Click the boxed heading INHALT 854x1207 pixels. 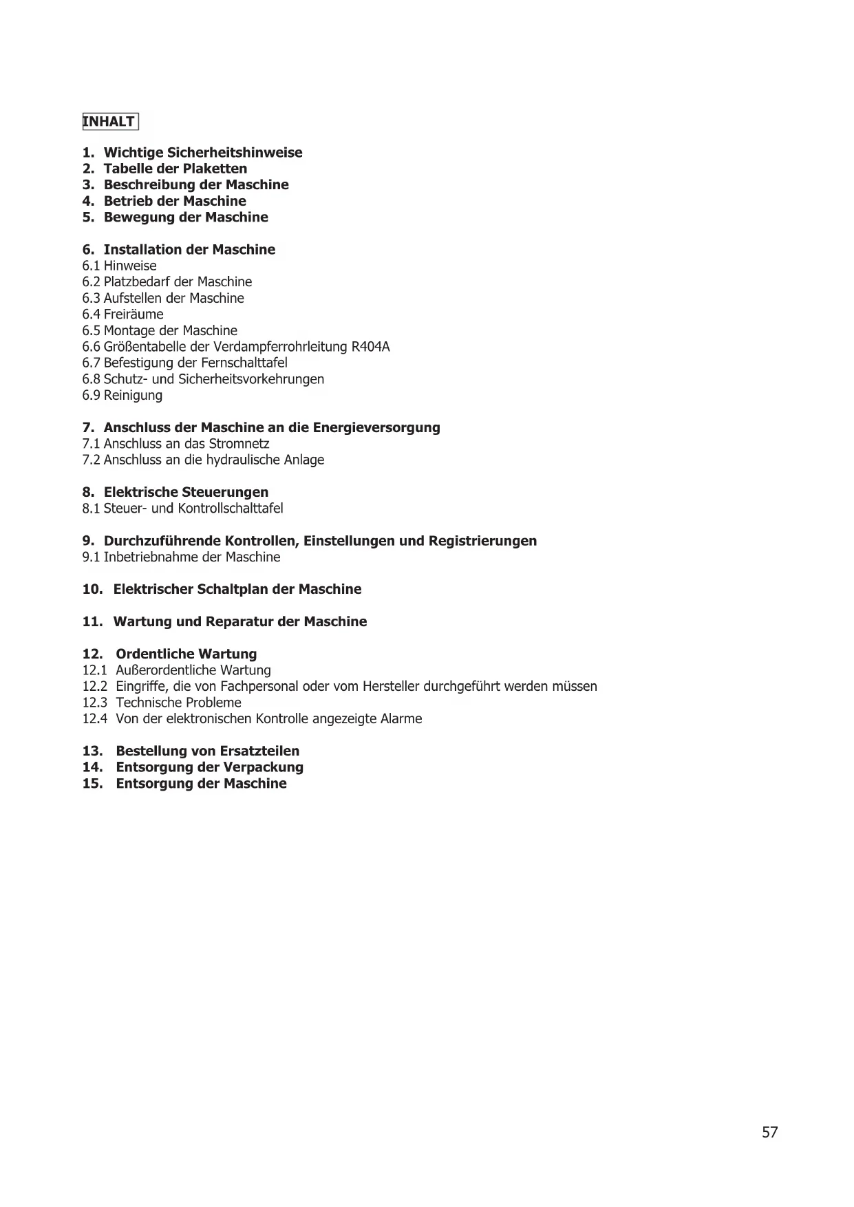[x=110, y=122]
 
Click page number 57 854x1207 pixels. [x=769, y=1132]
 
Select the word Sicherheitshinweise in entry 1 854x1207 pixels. [x=235, y=153]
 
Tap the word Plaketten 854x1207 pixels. [x=215, y=169]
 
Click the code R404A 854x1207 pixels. [x=370, y=347]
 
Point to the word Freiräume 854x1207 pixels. [x=134, y=314]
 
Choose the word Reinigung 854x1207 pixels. [x=133, y=395]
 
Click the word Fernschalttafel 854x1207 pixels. [x=244, y=363]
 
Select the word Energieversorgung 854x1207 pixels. [x=376, y=427]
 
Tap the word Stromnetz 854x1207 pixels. [x=239, y=444]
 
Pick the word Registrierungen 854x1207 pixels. [x=482, y=541]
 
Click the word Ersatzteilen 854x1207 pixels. [x=259, y=751]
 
